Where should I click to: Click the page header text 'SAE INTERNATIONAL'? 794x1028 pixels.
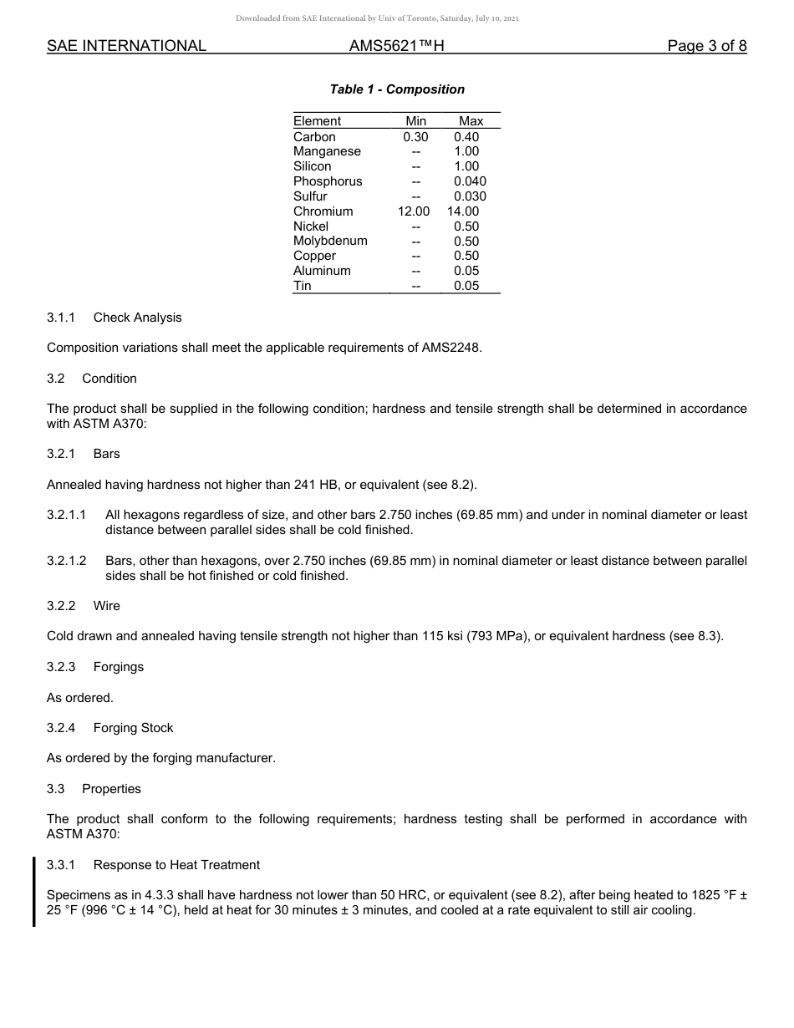pyautogui.click(x=126, y=46)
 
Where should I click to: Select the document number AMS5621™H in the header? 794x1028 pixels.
pyautogui.click(x=396, y=46)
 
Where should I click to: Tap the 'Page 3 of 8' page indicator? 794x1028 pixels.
pyautogui.click(x=706, y=46)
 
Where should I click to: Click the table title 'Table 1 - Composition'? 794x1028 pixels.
pyautogui.click(x=397, y=89)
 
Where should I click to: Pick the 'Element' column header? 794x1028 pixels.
pyautogui.click(x=317, y=121)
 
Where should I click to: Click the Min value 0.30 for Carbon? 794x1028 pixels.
pyautogui.click(x=415, y=137)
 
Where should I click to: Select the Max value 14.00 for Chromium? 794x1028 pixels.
pyautogui.click(x=463, y=211)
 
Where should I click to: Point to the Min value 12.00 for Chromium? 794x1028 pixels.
pyautogui.click(x=414, y=211)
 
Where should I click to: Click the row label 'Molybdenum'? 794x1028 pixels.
pyautogui.click(x=330, y=241)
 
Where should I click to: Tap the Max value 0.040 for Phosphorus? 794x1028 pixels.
pyautogui.click(x=470, y=181)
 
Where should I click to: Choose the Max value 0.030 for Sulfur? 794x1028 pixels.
pyautogui.click(x=470, y=196)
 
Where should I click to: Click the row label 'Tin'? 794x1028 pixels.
pyautogui.click(x=303, y=286)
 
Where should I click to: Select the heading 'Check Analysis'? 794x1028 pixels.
pyautogui.click(x=137, y=318)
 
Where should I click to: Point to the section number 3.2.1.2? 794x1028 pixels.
pyautogui.click(x=67, y=560)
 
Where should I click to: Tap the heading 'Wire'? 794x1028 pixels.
pyautogui.click(x=107, y=606)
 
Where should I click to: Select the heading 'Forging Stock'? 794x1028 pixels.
pyautogui.click(x=133, y=728)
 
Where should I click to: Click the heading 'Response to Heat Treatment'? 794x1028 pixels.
pyautogui.click(x=176, y=865)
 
